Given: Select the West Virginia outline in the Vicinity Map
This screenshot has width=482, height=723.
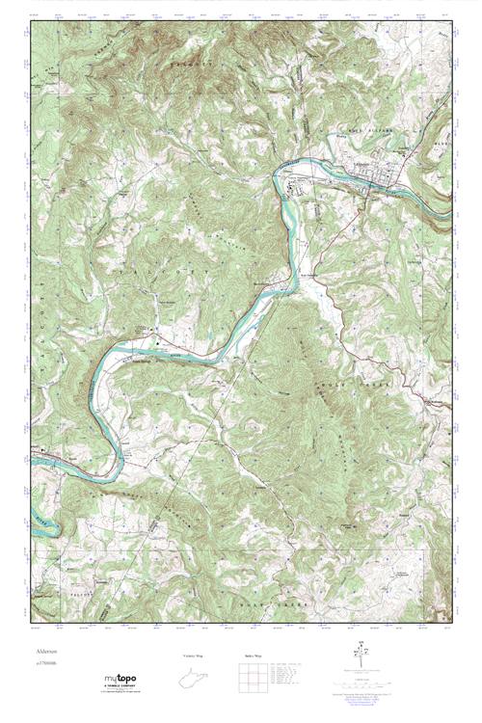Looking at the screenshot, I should (199, 683).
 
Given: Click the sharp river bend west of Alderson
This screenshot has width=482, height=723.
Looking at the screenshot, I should (282, 176).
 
